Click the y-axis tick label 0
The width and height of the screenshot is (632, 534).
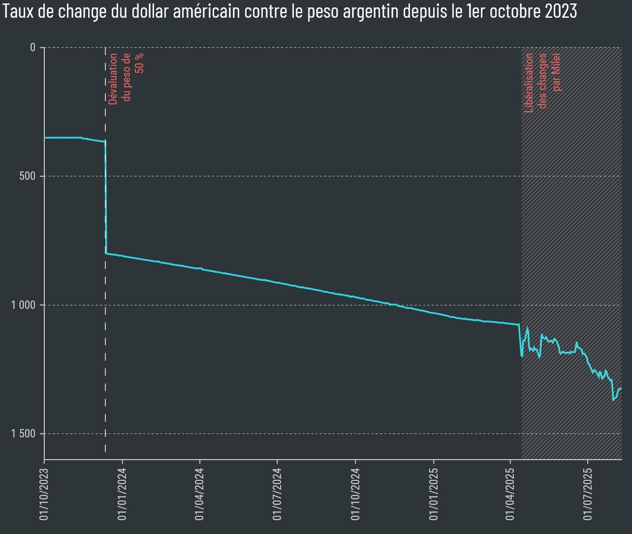click(32, 47)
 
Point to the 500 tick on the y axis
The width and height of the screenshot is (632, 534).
click(28, 176)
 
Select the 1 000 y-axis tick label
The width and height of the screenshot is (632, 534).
click(23, 305)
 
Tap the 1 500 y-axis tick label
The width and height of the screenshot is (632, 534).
click(23, 434)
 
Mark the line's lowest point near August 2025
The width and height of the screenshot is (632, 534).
click(613, 400)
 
